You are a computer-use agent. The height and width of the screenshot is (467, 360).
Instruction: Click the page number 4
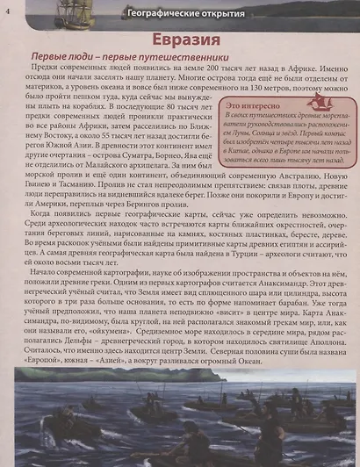[x=6, y=10]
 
